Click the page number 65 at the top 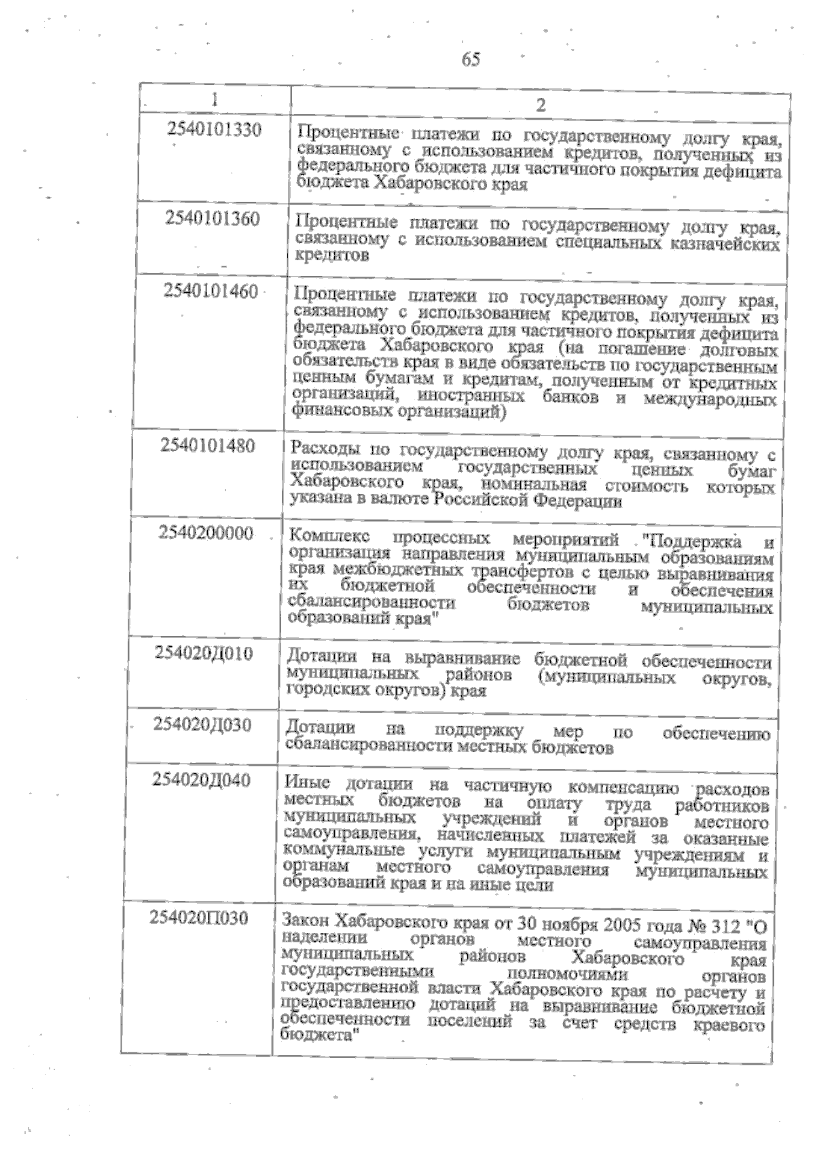[471, 60]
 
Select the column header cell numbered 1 [215, 99]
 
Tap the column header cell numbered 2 [541, 105]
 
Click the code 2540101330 [214, 129]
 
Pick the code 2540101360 [213, 219]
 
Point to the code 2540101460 [211, 291]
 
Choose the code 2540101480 [208, 446]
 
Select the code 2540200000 [206, 533]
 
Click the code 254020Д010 [204, 654]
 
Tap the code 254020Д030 [202, 725]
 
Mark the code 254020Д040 [201, 780]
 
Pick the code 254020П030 [198, 919]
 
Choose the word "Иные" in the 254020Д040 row [308, 783]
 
